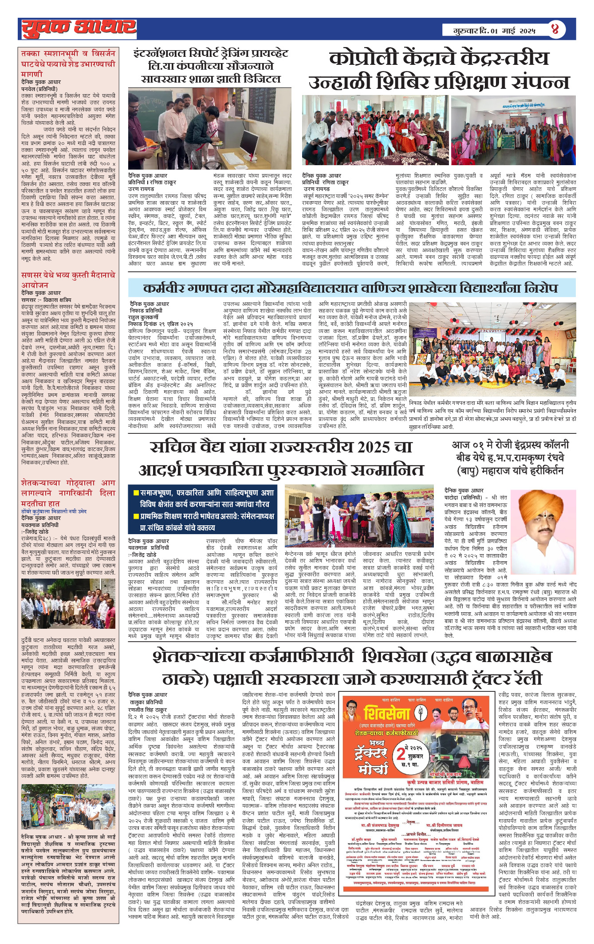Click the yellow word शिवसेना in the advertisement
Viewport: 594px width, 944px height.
(x=387, y=713)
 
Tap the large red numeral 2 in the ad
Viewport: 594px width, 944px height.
(x=401, y=754)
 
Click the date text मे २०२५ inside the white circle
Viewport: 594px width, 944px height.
(x=416, y=746)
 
